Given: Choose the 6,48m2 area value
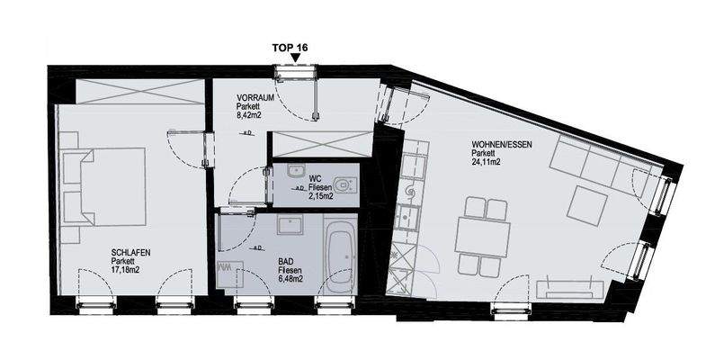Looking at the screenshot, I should point(289,279).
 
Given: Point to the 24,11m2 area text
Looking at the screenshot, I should point(487,163).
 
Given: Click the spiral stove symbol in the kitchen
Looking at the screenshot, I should point(411,193).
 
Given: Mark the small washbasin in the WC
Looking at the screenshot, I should point(293,171).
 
